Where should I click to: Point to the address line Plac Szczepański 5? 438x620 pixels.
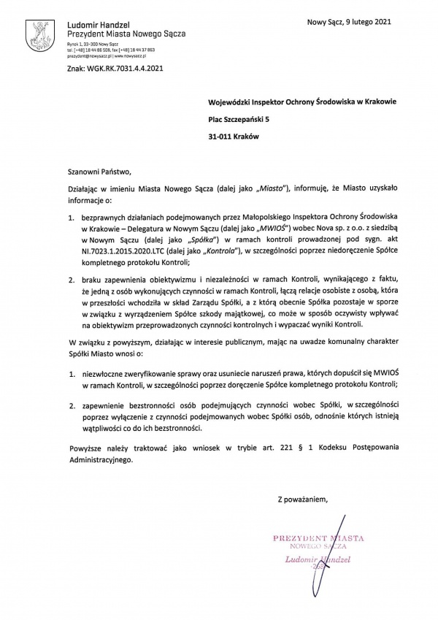237,118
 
